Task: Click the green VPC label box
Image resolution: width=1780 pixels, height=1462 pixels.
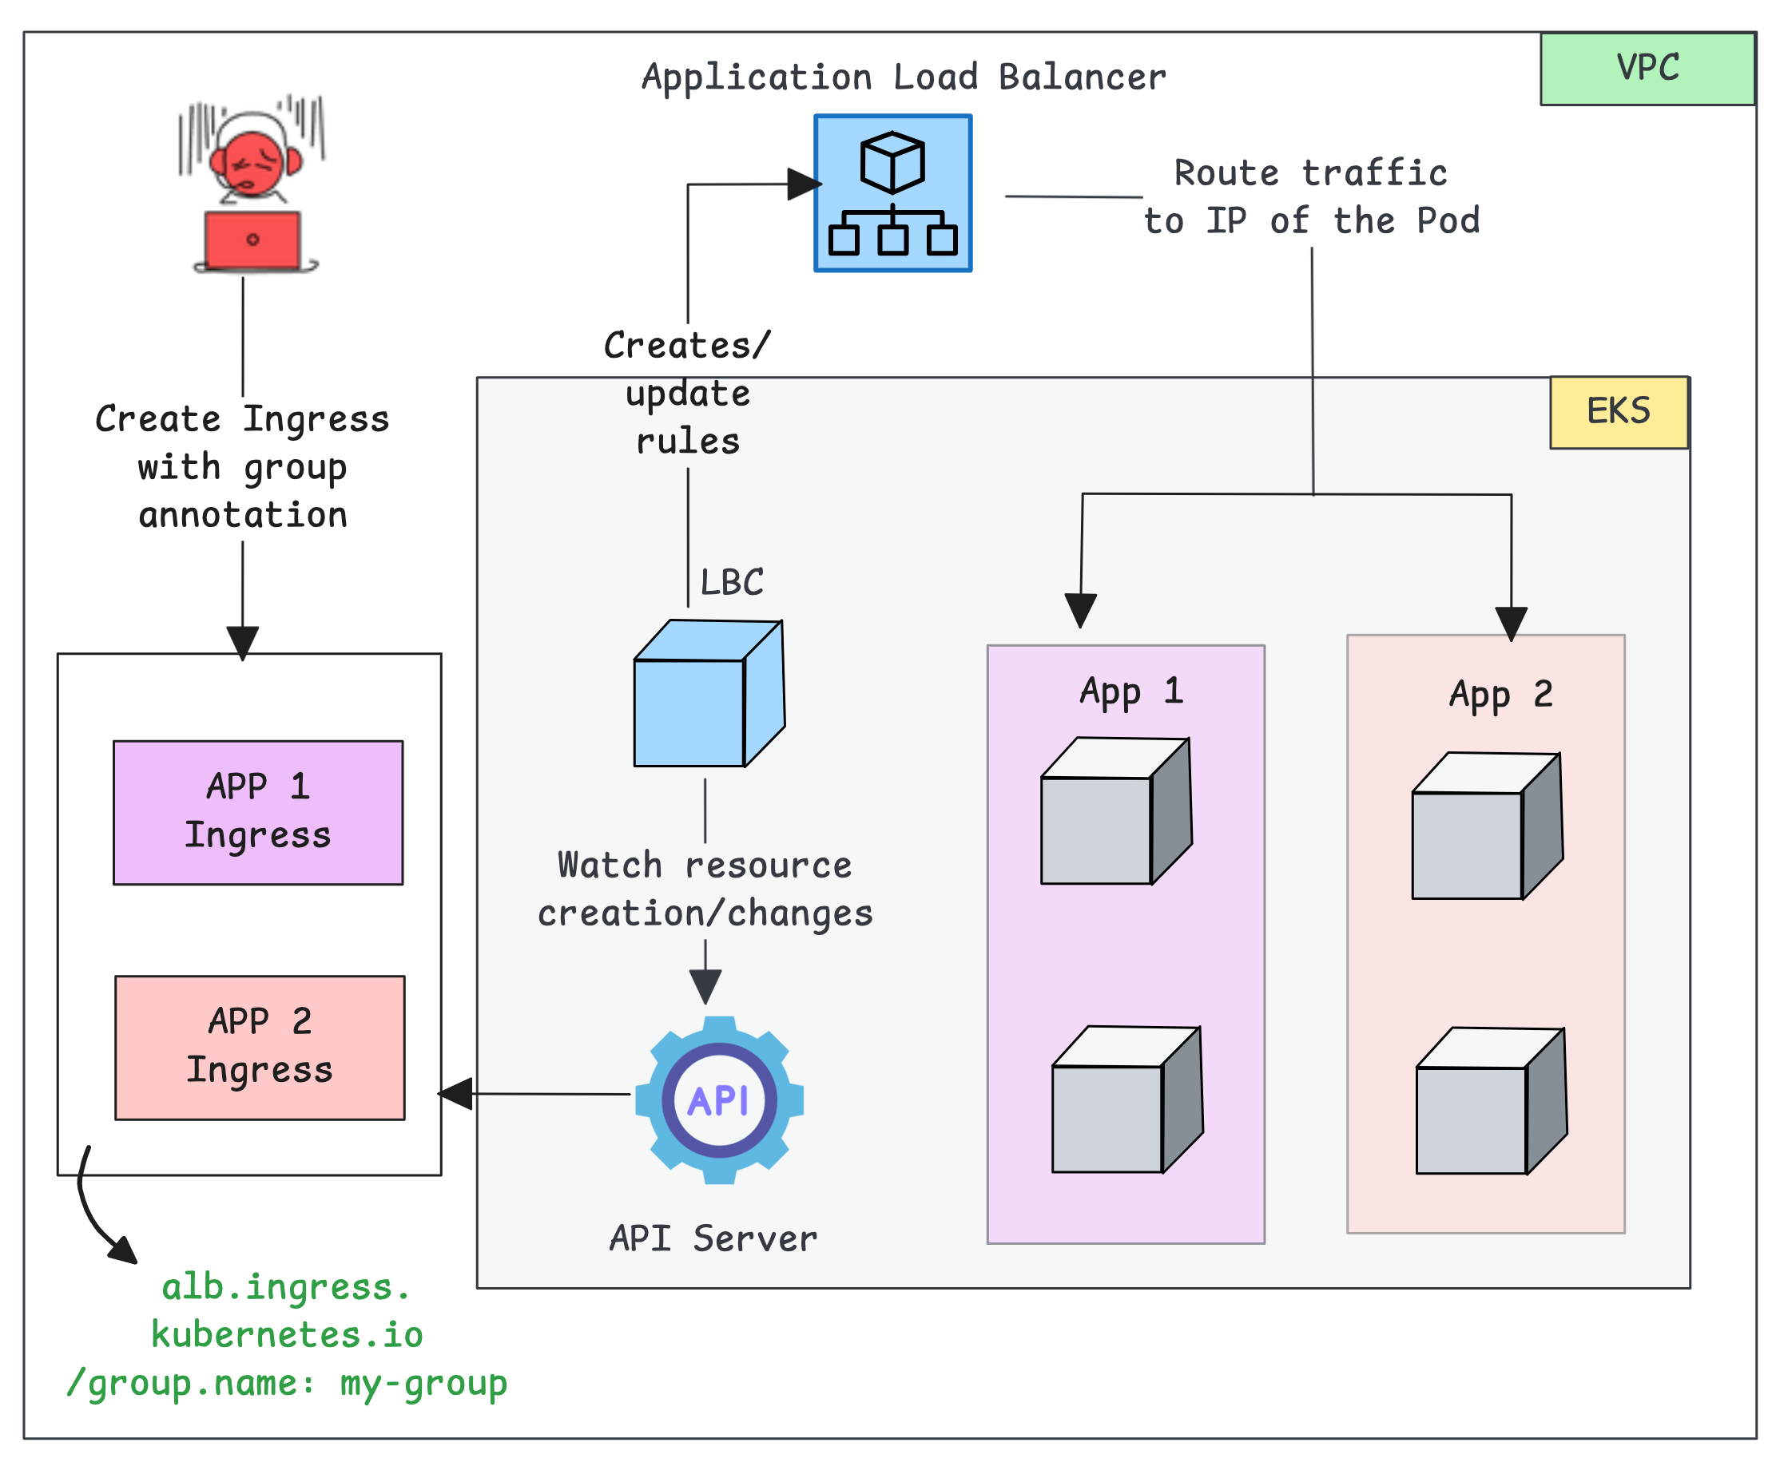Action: click(x=1647, y=69)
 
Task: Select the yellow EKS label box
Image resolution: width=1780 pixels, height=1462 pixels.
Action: click(x=1619, y=412)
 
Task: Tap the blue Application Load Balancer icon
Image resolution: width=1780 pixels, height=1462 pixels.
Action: click(x=892, y=193)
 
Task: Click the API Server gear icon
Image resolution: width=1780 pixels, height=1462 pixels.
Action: click(x=719, y=1099)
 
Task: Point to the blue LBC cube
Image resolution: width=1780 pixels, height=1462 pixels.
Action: click(x=708, y=694)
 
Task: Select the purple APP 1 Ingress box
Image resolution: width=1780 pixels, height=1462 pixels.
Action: click(x=258, y=812)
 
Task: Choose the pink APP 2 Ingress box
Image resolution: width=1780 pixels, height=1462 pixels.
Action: click(x=260, y=1047)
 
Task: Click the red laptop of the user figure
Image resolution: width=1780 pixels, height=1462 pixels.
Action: click(x=252, y=240)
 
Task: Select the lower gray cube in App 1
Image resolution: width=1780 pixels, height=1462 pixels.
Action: click(x=1126, y=1099)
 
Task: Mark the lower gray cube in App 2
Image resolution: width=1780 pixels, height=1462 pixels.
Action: click(x=1490, y=1101)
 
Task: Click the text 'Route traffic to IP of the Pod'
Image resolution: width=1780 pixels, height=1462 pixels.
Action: click(x=1311, y=197)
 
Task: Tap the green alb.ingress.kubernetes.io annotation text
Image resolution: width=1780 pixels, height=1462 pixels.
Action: click(x=287, y=1335)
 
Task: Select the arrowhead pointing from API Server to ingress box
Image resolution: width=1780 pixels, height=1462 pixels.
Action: click(x=455, y=1093)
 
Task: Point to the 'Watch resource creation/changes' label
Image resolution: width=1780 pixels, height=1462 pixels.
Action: click(x=705, y=889)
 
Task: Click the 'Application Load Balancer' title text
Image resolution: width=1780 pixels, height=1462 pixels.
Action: click(x=903, y=77)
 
